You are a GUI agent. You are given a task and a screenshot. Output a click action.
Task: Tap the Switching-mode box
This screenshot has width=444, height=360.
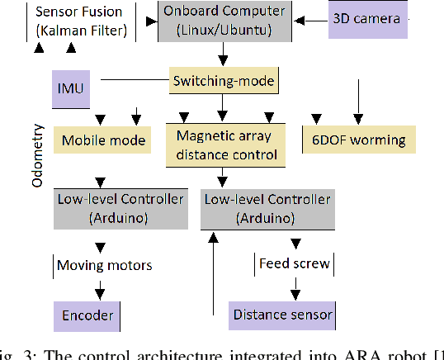pos(223,81)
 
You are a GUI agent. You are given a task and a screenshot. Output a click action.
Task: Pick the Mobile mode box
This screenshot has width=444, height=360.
pos(103,140)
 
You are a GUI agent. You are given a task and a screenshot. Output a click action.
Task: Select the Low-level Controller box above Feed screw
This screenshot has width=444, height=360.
pos(267,209)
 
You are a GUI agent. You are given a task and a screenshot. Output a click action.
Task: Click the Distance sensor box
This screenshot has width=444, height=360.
pos(282,315)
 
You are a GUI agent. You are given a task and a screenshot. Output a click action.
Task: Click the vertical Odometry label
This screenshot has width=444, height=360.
pos(37,157)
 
